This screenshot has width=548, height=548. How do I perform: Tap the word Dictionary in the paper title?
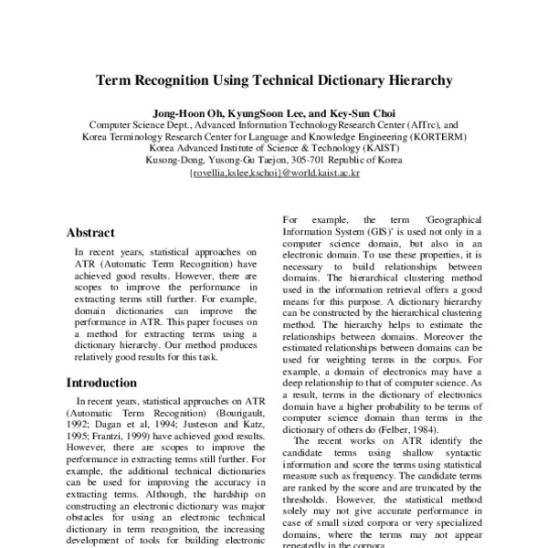point(344,80)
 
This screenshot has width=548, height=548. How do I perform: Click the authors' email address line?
point(274,172)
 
